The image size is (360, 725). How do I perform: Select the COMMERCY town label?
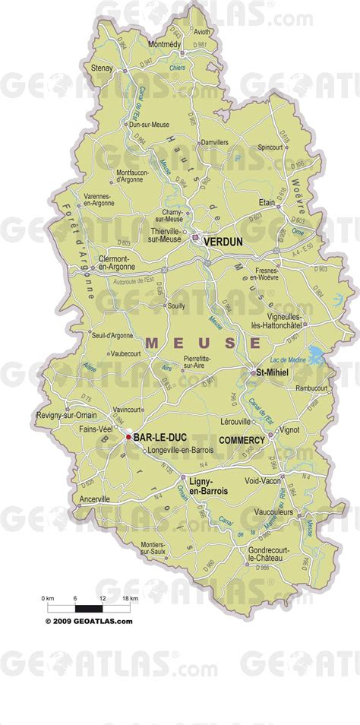pyautogui.click(x=242, y=440)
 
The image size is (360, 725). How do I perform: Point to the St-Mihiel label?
pyautogui.click(x=269, y=372)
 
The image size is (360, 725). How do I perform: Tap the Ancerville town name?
pyautogui.click(x=95, y=499)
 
